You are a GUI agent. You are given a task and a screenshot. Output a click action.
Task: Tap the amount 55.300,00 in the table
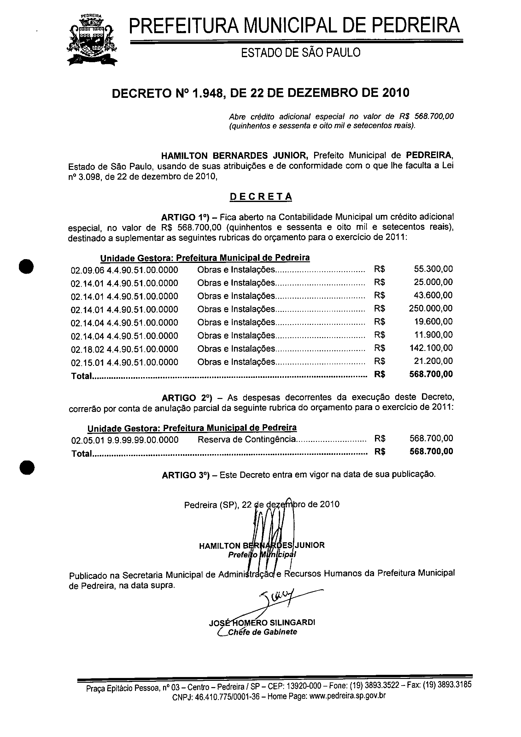click(433, 269)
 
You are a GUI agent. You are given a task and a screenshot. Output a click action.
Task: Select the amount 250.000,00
click(430, 308)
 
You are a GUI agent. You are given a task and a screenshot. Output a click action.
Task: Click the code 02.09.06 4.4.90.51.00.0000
click(124, 270)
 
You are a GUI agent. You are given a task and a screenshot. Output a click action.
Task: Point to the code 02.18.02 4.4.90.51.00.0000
click(124, 349)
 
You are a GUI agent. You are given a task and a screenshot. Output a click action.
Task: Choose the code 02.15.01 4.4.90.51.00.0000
click(124, 362)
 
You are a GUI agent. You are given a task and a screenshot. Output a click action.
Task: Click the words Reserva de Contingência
click(246, 439)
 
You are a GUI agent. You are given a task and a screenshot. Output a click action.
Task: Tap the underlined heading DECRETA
click(260, 196)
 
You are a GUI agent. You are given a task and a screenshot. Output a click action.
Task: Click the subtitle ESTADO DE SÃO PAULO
click(301, 52)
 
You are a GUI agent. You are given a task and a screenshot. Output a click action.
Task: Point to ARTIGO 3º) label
click(185, 475)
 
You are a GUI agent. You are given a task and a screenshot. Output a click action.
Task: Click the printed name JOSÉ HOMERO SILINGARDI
click(262, 622)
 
